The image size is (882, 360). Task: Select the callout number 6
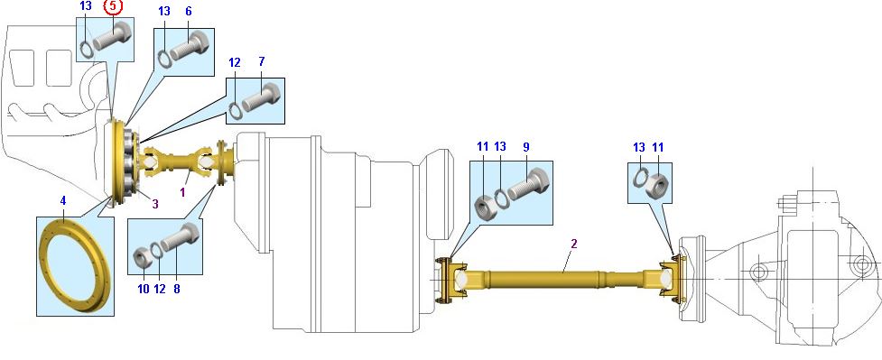coord(188,11)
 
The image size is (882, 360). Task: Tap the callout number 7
coord(262,61)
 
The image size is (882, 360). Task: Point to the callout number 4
coord(63,200)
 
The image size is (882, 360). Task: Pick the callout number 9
coord(526,147)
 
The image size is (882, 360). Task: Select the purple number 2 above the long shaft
coord(574,244)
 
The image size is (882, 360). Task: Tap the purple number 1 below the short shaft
coord(182,191)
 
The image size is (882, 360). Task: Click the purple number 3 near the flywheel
coord(155,204)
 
